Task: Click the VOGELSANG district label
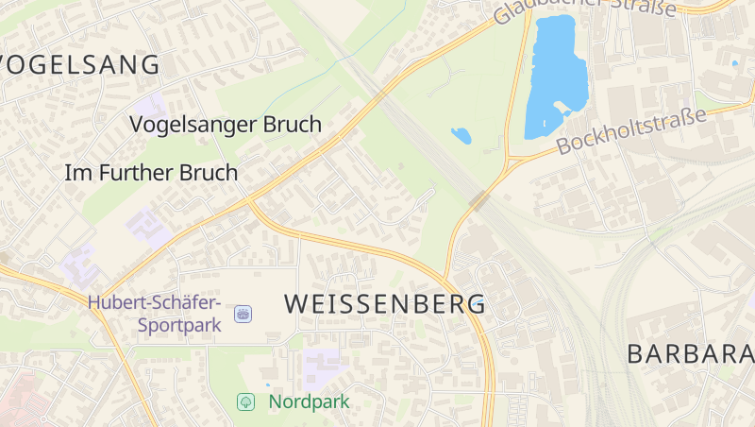tap(80, 65)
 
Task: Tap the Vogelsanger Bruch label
tap(226, 124)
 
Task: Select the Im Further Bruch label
tap(151, 173)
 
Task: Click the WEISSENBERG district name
tap(384, 303)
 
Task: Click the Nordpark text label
tap(309, 401)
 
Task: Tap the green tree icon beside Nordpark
tap(245, 401)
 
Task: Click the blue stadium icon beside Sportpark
tap(243, 314)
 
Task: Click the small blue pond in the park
tap(461, 135)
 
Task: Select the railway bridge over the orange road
tap(479, 199)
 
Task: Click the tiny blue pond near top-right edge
tap(734, 63)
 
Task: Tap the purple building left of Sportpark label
tap(79, 265)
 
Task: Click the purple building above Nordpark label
tap(322, 365)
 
